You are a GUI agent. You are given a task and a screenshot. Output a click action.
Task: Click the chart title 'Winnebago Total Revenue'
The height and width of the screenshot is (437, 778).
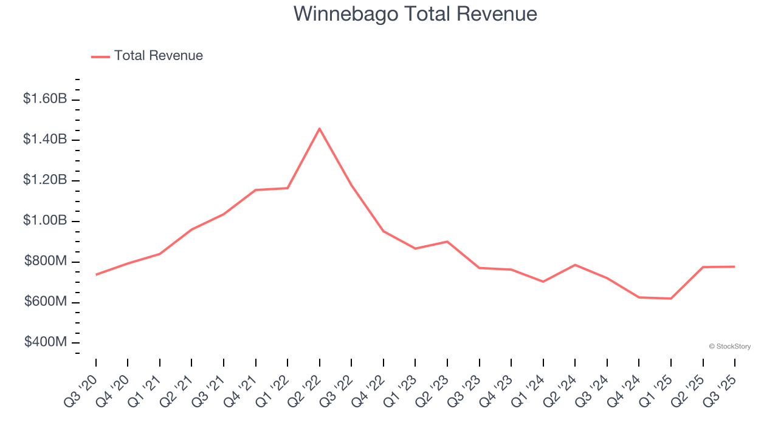[415, 14]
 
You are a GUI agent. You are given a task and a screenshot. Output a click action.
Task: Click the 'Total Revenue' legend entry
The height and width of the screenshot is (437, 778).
[158, 56]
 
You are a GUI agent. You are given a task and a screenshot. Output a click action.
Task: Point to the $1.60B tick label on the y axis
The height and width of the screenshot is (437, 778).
[45, 99]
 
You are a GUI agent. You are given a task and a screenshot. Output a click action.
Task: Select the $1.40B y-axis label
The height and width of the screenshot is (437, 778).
[45, 140]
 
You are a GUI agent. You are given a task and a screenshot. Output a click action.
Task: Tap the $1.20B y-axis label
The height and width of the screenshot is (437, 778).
[45, 180]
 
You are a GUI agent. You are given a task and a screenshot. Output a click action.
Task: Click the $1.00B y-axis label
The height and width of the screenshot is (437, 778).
[45, 221]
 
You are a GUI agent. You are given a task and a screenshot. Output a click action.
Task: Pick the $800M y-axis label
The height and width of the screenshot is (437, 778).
[45, 262]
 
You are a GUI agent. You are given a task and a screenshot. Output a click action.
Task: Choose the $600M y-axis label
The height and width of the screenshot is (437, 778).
[45, 302]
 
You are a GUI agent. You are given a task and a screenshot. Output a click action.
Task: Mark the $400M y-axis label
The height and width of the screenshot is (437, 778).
[45, 343]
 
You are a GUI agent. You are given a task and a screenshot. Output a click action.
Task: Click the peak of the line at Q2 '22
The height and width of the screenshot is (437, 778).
[320, 128]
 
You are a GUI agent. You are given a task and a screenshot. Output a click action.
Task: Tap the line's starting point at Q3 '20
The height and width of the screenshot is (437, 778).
[96, 274]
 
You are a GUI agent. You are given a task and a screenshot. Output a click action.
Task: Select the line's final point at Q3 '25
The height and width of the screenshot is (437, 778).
[735, 266]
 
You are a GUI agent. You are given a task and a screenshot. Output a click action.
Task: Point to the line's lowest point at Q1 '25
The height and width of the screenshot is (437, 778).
[671, 299]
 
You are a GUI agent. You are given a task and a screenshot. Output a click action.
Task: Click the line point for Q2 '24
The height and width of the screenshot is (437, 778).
[575, 265]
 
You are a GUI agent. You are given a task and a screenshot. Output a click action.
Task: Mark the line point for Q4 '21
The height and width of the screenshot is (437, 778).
[256, 190]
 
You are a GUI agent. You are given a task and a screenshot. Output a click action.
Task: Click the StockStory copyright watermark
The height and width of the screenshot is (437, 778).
[729, 347]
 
